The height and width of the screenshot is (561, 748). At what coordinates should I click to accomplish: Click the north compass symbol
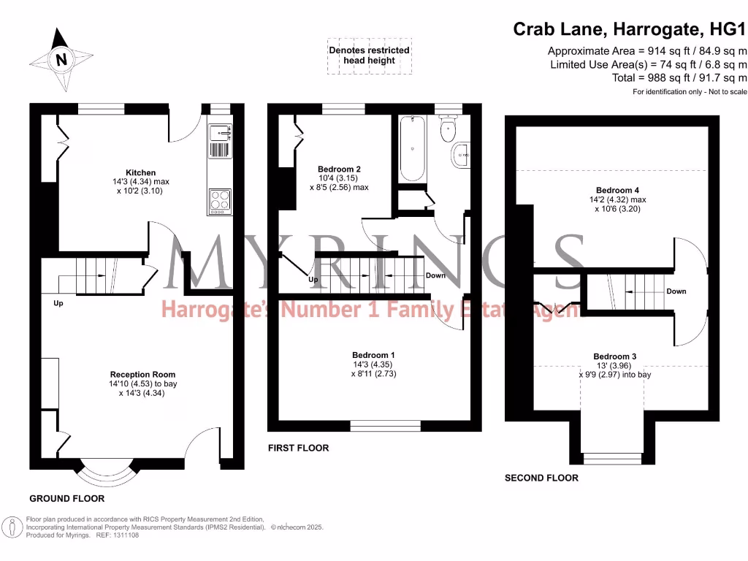61,58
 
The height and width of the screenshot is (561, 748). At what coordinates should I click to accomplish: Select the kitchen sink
220,141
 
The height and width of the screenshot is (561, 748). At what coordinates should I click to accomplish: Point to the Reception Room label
143,374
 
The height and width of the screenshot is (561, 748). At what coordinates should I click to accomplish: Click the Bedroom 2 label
338,169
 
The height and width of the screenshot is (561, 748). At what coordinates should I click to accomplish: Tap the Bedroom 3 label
614,356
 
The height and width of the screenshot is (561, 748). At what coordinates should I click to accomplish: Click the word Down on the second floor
676,291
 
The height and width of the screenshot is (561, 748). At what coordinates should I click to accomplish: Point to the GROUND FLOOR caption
66,498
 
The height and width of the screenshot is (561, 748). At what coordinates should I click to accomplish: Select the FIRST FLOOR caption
298,448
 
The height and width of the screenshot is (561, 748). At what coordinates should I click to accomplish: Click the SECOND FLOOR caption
541,478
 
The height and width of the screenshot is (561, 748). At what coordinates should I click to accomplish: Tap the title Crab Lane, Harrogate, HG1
630,29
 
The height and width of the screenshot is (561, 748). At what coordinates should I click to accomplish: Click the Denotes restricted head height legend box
370,56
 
